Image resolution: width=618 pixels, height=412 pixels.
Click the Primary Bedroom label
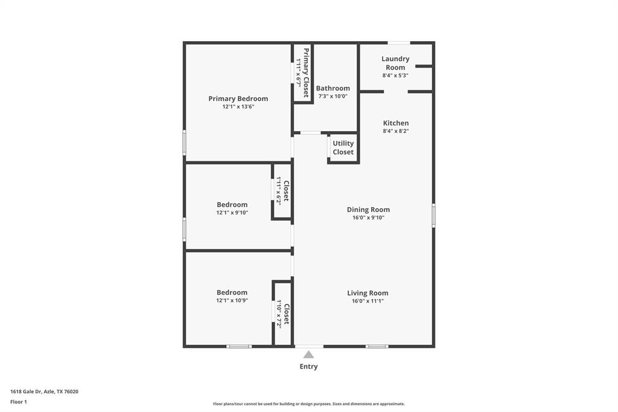(238, 98)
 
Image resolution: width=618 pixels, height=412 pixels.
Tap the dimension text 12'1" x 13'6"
(238, 107)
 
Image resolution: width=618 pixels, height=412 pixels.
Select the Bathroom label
(333, 88)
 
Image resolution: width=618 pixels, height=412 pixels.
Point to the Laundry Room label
(395, 63)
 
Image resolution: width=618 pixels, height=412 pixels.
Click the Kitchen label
(395, 123)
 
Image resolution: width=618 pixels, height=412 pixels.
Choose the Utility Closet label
(343, 148)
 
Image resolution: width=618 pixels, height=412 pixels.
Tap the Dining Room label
(368, 210)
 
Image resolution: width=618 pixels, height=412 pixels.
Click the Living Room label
(368, 293)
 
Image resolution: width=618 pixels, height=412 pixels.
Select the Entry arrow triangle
(308, 355)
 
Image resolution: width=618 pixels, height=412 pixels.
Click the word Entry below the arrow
(308, 367)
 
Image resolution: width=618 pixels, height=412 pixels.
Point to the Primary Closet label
(306, 73)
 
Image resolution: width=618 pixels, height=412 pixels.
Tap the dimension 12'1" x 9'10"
(232, 213)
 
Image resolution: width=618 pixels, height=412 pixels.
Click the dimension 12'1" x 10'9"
(232, 300)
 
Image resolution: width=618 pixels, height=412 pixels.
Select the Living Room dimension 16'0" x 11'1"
(368, 301)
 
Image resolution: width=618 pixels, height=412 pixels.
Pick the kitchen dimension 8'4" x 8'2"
(395, 131)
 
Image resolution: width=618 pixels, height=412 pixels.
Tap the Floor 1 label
(19, 402)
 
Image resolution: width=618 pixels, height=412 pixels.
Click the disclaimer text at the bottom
(308, 404)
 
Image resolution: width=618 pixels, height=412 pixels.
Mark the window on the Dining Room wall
(433, 216)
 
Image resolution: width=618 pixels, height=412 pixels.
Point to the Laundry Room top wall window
(398, 43)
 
